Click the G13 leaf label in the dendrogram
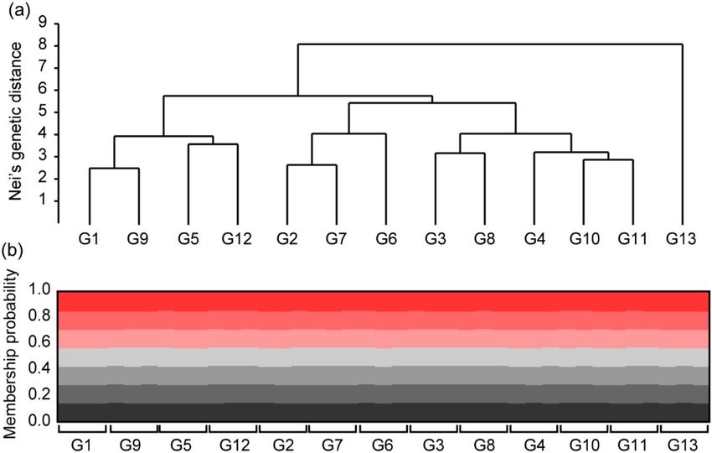coord(682,239)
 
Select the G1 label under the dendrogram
coord(89,239)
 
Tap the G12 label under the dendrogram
coord(237,239)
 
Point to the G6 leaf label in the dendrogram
coord(385,239)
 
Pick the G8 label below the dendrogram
coord(484,239)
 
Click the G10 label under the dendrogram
coord(583,239)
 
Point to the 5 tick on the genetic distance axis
coord(41,112)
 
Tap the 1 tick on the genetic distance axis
coord(41,201)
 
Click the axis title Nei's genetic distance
coord(15,126)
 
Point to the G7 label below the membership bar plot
coord(333,443)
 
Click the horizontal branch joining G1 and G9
coord(114,169)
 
